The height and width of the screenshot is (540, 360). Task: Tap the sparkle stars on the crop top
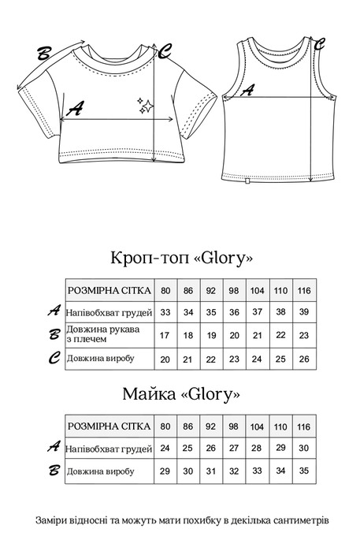(146, 107)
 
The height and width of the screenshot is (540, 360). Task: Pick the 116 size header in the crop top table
(304, 290)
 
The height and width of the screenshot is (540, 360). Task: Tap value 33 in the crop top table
(165, 312)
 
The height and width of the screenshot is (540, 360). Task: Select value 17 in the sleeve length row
(165, 335)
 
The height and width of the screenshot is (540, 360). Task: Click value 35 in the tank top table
(304, 471)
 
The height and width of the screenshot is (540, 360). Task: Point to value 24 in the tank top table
(165, 448)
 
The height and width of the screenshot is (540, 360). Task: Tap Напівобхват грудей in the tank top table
(109, 448)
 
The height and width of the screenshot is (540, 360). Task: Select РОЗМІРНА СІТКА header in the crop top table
(109, 290)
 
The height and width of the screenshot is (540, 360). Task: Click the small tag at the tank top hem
(247, 182)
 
